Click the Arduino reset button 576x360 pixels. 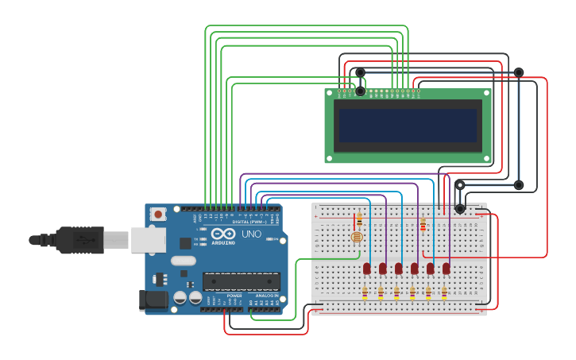(158, 214)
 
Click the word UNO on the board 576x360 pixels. (251, 234)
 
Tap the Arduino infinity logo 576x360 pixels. (223, 234)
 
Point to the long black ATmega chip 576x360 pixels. (242, 281)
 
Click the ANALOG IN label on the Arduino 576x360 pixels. (266, 296)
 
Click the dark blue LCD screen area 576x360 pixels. (408, 125)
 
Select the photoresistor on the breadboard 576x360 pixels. (358, 237)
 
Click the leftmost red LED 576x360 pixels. (367, 269)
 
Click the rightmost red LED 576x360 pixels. (446, 269)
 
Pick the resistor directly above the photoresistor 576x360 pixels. (359, 219)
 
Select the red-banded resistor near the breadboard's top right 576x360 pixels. (423, 225)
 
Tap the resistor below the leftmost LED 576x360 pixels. (365, 293)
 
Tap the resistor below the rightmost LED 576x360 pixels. (444, 293)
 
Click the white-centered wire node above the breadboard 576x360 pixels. (460, 185)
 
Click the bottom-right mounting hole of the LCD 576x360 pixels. (487, 159)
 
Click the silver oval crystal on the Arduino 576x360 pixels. (183, 261)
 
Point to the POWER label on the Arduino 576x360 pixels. (234, 296)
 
